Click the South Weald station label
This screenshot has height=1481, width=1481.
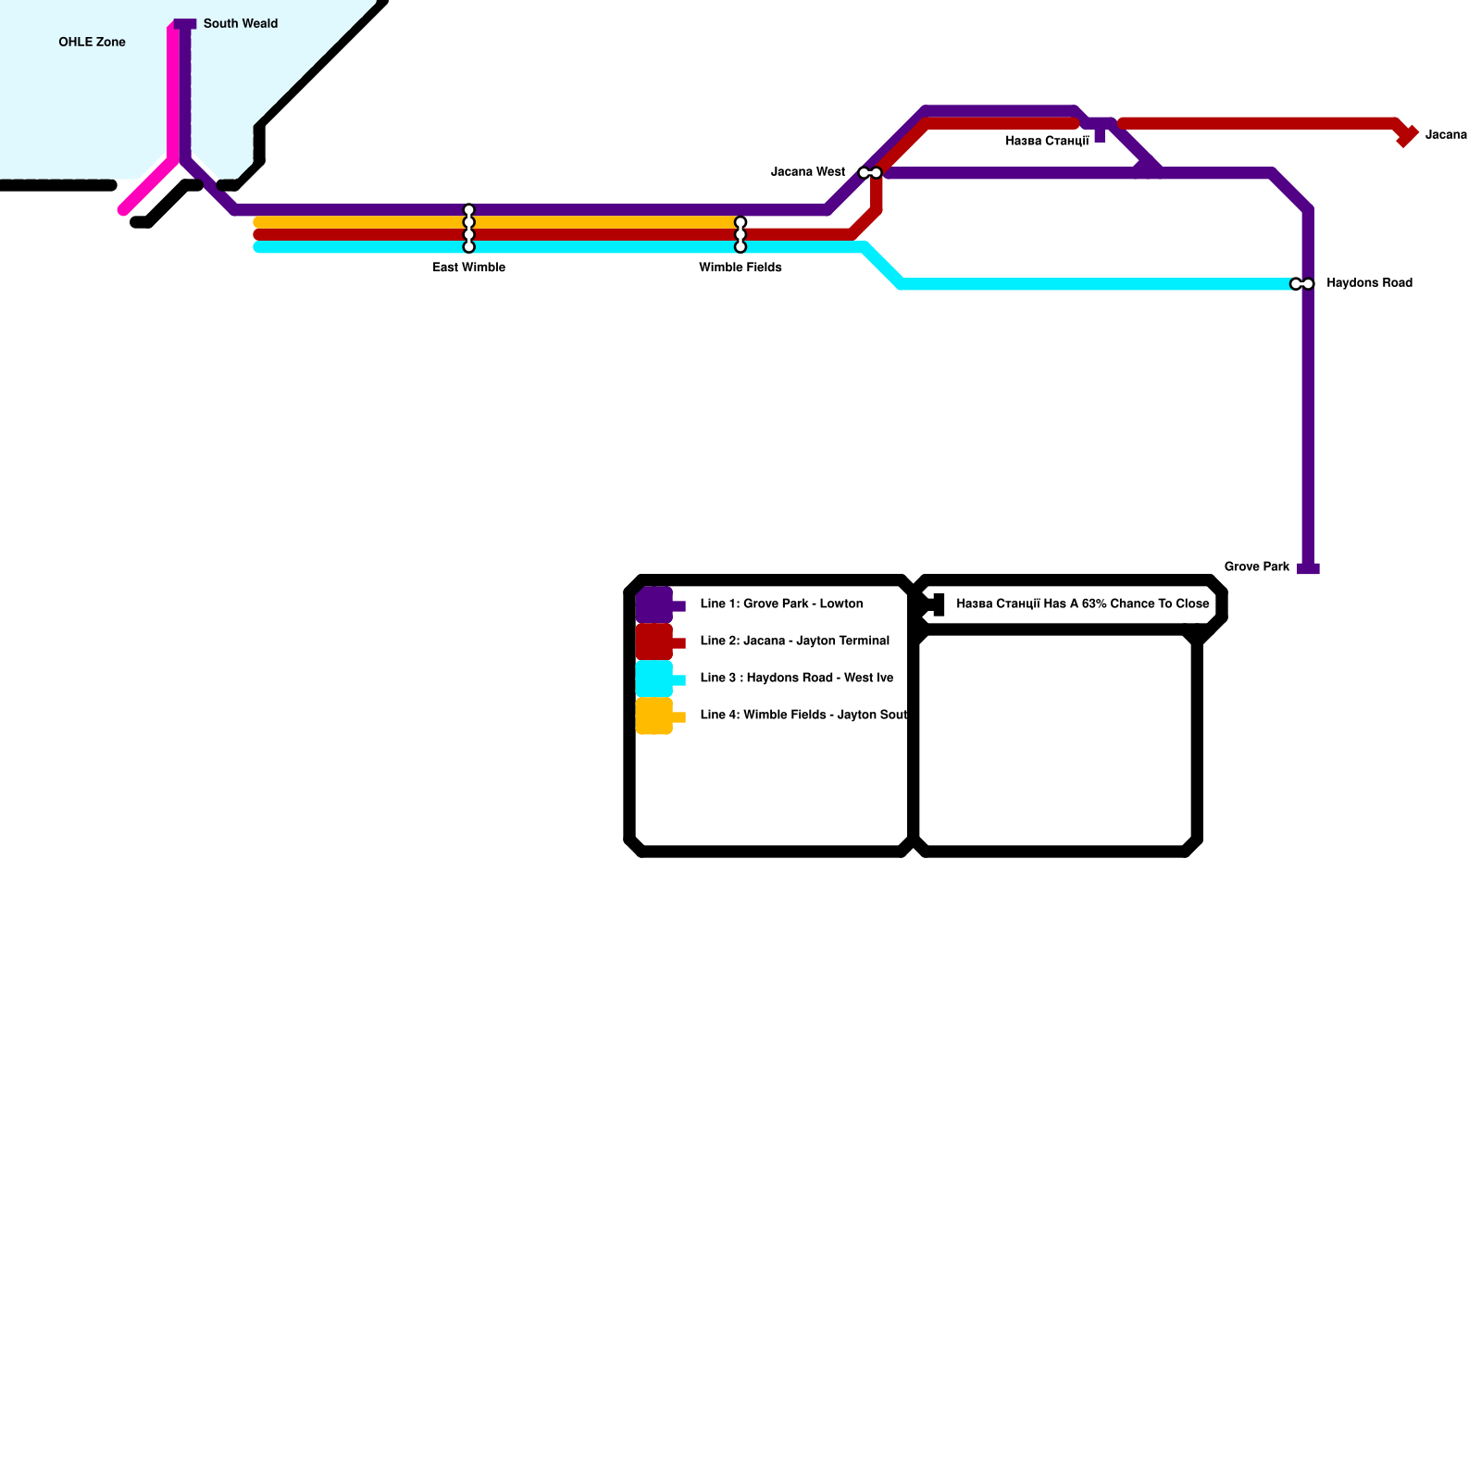tap(240, 24)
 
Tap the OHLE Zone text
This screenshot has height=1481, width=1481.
tap(92, 43)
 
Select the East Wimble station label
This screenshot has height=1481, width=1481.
tap(468, 268)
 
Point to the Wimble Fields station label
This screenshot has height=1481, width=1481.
tap(740, 268)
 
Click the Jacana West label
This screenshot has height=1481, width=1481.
tap(807, 172)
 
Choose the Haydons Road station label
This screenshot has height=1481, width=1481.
tap(1369, 283)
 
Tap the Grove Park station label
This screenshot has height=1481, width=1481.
tap(1256, 567)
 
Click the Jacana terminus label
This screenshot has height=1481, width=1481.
tap(1446, 135)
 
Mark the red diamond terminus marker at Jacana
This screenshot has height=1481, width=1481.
tap(1407, 136)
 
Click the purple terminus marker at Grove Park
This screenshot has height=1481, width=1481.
tap(1308, 568)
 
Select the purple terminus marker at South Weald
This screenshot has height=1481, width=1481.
tap(185, 24)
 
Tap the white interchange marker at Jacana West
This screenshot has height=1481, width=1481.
tap(870, 173)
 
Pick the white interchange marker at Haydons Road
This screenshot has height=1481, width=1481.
tap(1301, 284)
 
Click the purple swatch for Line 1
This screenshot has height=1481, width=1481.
tap(654, 605)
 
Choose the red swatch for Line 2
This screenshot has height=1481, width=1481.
tap(654, 642)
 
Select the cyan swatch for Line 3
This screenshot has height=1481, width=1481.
tap(654, 679)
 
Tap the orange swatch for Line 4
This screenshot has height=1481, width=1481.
tap(654, 716)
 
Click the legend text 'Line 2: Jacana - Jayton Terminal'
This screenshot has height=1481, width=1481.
tap(794, 641)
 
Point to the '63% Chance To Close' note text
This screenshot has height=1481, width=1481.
tap(1082, 604)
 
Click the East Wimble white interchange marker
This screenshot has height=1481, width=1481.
tap(469, 229)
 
